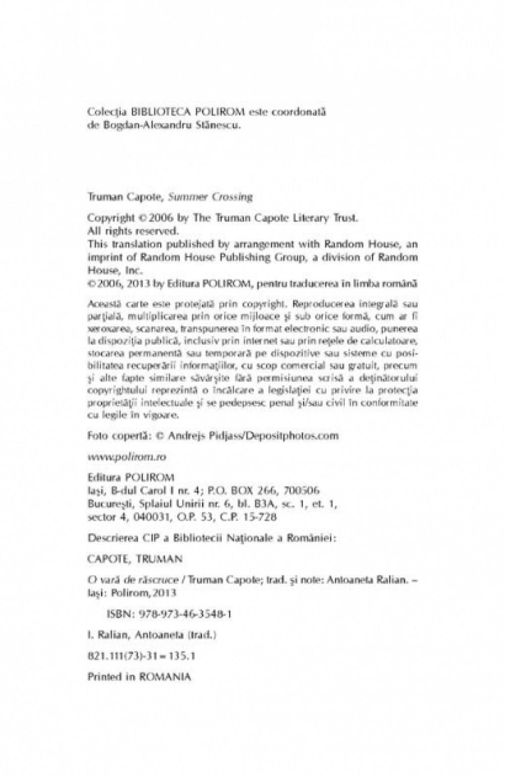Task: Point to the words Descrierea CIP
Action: point(119,539)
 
